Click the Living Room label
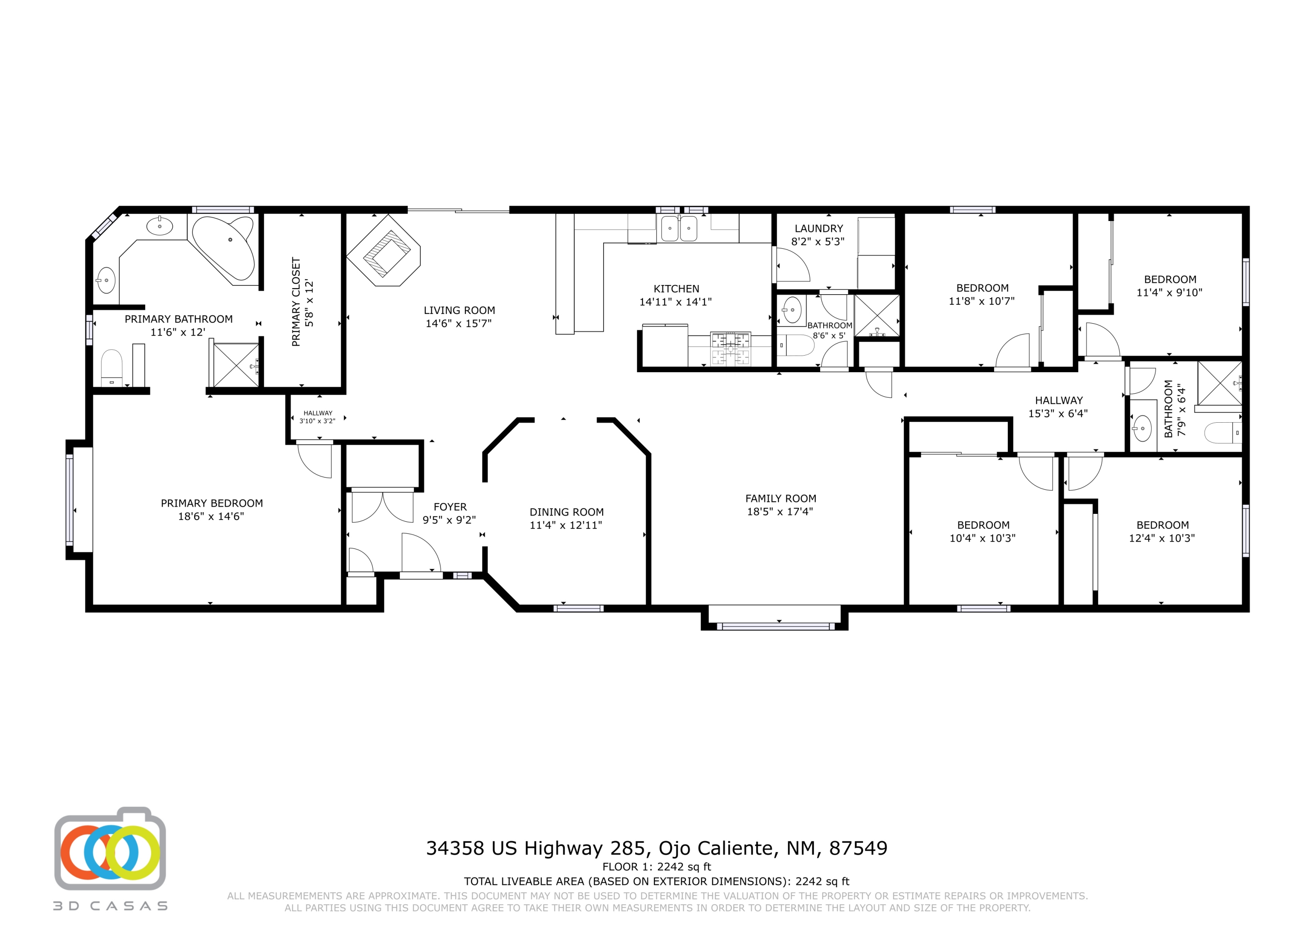coord(459,310)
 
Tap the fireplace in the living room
coord(384,250)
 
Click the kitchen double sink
coord(679,228)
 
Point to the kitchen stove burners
coord(730,349)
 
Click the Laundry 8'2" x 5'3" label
coord(818,235)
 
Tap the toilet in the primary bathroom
coord(112,368)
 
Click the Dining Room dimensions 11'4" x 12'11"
coord(565,525)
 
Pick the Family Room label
coord(780,499)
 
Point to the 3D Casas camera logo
coord(110,848)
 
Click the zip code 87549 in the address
coord(858,848)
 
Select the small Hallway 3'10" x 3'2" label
coord(317,417)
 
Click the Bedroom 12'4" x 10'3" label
coord(1162,531)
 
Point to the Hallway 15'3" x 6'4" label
coord(1058,407)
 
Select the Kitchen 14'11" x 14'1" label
coord(676,295)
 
